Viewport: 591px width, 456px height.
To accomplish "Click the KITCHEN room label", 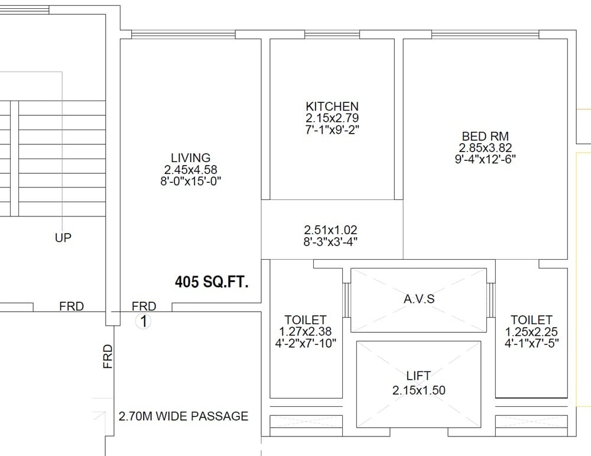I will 332,106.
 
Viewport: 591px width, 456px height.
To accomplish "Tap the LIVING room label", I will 190,158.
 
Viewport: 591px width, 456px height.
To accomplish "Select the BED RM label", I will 485,136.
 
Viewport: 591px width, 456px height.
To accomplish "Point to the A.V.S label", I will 418,299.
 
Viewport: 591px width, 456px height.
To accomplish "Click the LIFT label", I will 418,376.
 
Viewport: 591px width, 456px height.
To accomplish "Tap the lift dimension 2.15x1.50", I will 418,390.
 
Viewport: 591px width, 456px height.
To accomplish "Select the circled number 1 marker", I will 143,322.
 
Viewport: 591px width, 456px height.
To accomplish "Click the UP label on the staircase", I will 63,238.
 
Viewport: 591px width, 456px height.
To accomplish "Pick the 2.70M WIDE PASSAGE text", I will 183,416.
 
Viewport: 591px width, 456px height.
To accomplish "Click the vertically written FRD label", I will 108,357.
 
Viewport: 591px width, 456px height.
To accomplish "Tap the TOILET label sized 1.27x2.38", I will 305,320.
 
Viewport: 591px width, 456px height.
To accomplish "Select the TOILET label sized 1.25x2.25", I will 531,320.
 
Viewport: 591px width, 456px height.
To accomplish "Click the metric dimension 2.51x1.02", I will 331,229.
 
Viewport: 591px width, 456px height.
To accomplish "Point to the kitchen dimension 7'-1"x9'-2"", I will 332,129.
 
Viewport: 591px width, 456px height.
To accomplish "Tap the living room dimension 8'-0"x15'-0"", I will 190,181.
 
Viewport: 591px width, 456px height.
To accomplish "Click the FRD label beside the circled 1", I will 144,306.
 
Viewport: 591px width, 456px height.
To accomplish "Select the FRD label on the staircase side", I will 72,306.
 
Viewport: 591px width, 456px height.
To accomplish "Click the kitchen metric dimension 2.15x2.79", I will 332,118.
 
